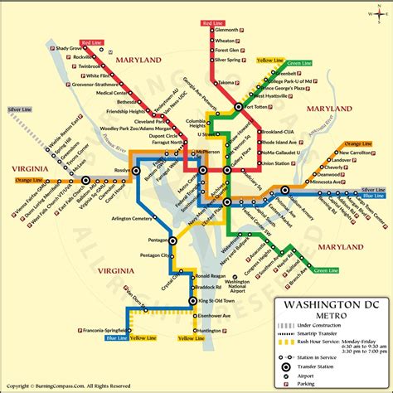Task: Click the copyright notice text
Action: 66,386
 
